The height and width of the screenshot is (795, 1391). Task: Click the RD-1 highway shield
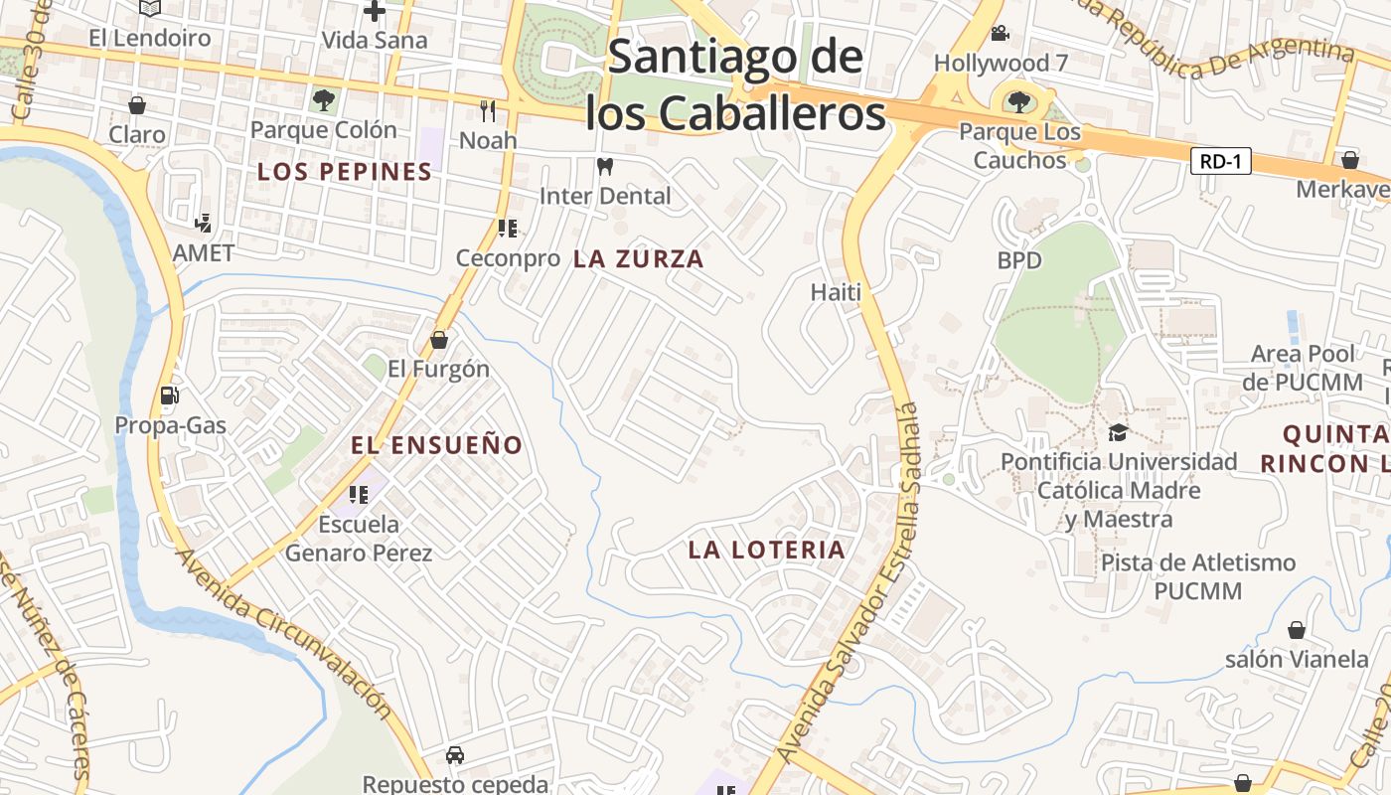(x=1220, y=161)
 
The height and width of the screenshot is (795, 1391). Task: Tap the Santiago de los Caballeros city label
(x=735, y=85)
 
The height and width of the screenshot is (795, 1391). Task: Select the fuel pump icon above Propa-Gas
(x=170, y=396)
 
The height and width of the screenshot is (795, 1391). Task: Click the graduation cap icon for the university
(x=1118, y=432)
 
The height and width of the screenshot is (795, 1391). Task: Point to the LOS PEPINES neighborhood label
(x=345, y=172)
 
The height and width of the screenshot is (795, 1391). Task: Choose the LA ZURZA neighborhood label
(x=639, y=259)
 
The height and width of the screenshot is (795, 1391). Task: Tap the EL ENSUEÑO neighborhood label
(x=437, y=445)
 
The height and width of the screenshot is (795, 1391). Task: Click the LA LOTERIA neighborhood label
(x=766, y=550)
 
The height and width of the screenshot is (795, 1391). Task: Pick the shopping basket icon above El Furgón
(x=439, y=341)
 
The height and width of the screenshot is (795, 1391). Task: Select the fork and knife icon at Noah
(x=488, y=109)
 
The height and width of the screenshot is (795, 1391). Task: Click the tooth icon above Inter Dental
(x=604, y=166)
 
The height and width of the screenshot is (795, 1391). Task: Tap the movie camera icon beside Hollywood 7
(x=1000, y=33)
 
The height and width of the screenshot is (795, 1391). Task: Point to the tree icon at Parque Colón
(x=323, y=99)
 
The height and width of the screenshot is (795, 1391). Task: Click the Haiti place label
(x=836, y=292)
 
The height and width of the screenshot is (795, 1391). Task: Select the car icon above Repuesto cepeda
(x=455, y=755)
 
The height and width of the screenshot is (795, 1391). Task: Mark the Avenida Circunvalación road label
(x=284, y=632)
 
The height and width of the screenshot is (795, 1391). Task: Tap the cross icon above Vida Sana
(x=375, y=12)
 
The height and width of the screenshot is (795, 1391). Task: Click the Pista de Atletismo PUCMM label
(x=1198, y=576)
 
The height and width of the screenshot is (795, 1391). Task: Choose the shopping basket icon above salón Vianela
(x=1297, y=629)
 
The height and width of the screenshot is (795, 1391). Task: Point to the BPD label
(x=1020, y=260)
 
